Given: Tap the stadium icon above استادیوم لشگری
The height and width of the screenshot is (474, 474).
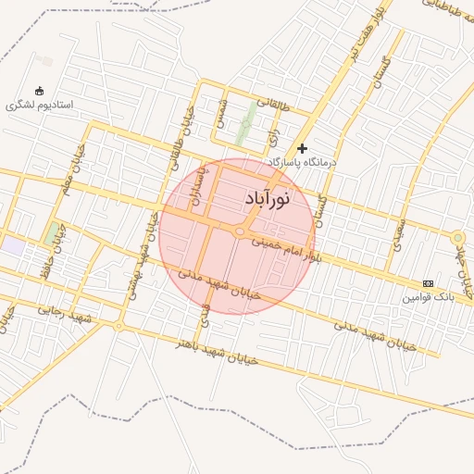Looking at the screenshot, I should click(39, 91).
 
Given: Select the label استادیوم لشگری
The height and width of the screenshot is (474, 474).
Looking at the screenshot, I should click(39, 105).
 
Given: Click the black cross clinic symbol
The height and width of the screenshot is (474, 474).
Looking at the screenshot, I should click(302, 148).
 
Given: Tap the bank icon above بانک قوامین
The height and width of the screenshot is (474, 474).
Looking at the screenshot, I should click(427, 283).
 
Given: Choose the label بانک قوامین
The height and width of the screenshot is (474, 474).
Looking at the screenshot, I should click(429, 297).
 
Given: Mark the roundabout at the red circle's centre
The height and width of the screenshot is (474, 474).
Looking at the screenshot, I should click(240, 231).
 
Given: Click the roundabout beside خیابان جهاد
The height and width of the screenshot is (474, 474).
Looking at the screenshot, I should click(456, 238).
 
